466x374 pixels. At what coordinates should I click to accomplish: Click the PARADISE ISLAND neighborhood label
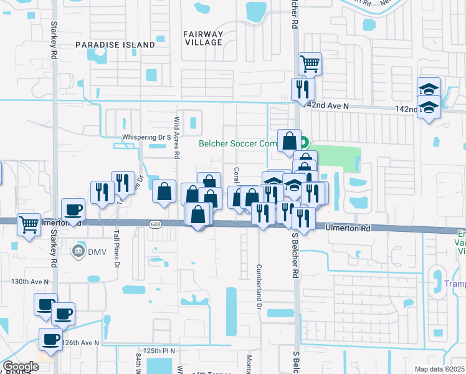point(115,45)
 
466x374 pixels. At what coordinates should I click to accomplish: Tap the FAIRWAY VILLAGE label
point(203,37)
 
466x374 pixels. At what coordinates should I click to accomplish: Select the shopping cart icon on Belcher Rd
point(310,63)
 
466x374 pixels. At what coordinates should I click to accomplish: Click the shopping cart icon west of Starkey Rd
point(29,224)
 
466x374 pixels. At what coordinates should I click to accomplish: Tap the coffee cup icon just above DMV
point(73,210)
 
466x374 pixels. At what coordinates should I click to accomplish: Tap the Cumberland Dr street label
point(257,287)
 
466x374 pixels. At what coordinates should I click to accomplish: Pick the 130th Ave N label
point(30,282)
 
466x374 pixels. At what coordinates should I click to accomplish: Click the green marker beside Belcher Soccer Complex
point(305,141)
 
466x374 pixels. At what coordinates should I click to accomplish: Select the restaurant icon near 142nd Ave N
point(303,89)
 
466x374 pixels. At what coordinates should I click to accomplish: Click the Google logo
point(21,366)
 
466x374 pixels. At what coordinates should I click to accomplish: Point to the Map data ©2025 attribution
point(439,369)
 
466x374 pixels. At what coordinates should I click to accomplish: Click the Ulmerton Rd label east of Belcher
point(348,229)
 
